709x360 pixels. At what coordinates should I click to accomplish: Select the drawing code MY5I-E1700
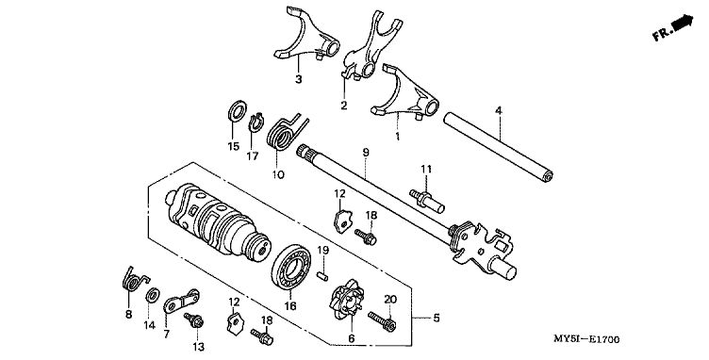pyautogui.click(x=586, y=339)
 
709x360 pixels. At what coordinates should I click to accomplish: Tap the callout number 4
pyautogui.click(x=499, y=110)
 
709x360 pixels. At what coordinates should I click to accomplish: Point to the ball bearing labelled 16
pyautogui.click(x=290, y=268)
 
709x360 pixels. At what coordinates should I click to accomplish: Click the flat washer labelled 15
pyautogui.click(x=237, y=111)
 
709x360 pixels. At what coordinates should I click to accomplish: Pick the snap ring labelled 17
pyautogui.click(x=256, y=123)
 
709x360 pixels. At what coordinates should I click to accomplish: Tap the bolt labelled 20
pyautogui.click(x=383, y=319)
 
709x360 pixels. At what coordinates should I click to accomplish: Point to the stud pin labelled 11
pyautogui.click(x=427, y=201)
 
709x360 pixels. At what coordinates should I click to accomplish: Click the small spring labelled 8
pyautogui.click(x=133, y=281)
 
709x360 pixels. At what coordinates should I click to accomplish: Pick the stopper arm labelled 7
pyautogui.click(x=180, y=302)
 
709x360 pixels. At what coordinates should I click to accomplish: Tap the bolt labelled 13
pyautogui.click(x=193, y=320)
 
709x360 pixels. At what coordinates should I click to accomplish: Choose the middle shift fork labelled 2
pyautogui.click(x=372, y=47)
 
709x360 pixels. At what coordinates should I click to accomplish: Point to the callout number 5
pyautogui.click(x=436, y=318)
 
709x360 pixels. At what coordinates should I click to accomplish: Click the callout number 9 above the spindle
pyautogui.click(x=366, y=153)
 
